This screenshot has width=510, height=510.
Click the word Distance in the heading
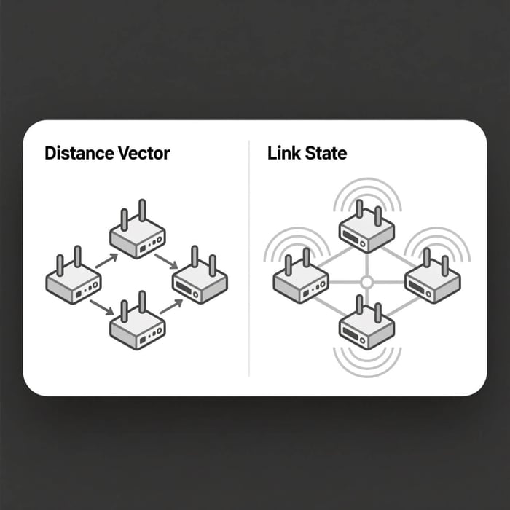coord(79,153)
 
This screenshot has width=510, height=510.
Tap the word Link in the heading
coord(282,153)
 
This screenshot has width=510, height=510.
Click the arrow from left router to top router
coord(106,261)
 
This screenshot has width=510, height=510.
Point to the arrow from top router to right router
coord(166,262)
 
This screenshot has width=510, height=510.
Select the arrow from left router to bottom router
coord(102,307)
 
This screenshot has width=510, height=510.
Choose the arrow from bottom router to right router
coord(171,307)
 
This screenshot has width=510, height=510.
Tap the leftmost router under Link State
coord(301,276)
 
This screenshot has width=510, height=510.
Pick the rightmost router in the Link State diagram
coord(433,276)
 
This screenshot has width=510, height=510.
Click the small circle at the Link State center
coord(366,282)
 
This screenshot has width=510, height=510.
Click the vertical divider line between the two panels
coord(249,259)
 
